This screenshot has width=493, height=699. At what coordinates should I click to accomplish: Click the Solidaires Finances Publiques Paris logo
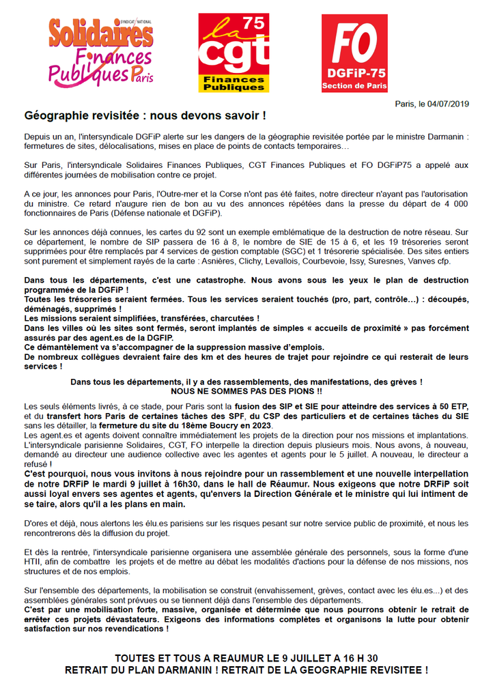[x=100, y=53]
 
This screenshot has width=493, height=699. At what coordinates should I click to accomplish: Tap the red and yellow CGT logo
[x=233, y=53]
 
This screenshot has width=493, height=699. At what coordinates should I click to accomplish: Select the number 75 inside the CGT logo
[x=254, y=24]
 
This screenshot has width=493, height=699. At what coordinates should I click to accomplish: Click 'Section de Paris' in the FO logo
[x=354, y=86]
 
